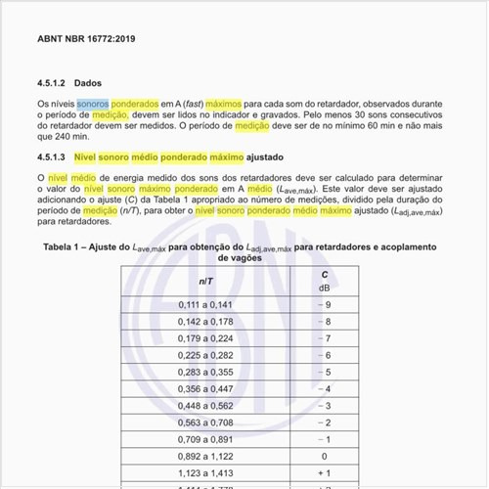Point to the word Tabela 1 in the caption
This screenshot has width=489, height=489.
tap(65, 248)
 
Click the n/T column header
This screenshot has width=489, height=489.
tap(207, 280)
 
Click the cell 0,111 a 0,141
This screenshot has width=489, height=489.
tap(206, 305)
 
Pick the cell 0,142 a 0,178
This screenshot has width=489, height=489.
tap(206, 322)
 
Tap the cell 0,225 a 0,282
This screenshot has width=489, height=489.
tap(206, 355)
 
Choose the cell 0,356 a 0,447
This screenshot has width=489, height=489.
tap(206, 388)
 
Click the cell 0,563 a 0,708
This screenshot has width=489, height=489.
tap(206, 422)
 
